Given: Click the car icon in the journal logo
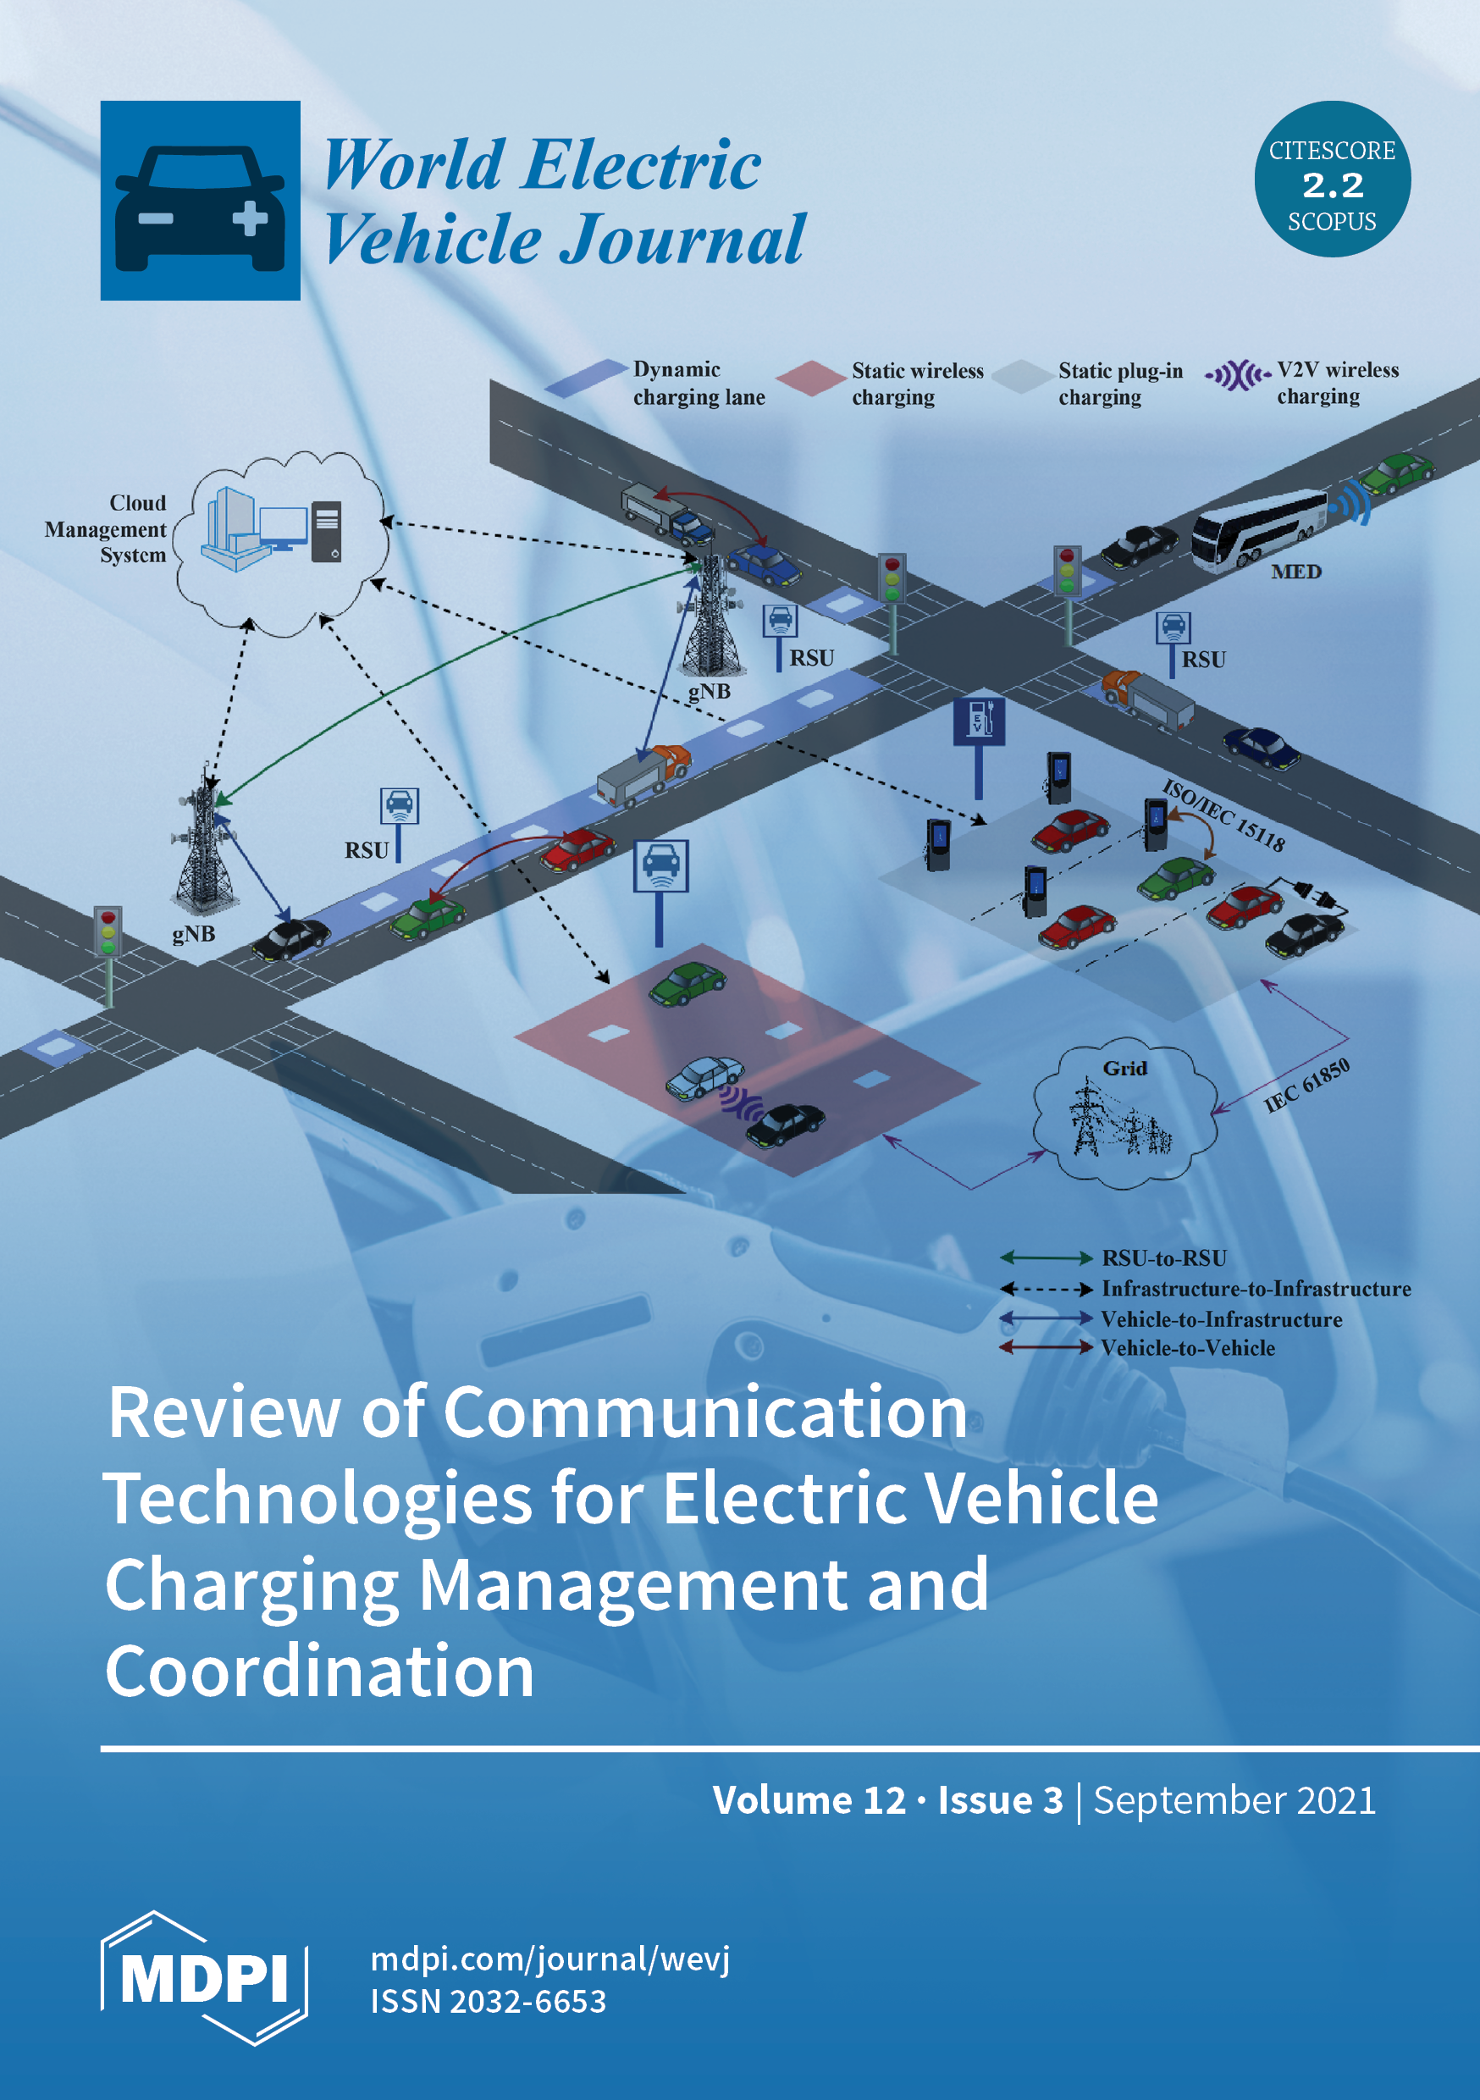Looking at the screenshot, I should pos(200,207).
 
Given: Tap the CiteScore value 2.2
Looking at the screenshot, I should pos(1332,185).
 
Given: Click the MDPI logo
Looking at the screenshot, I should pos(203,1978).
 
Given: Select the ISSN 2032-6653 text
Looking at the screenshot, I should pos(488,2001).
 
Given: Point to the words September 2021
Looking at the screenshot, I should pos(1234,1800).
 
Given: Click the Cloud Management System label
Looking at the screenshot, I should pos(107,528).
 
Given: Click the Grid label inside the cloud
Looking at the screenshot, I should pos(1124,1068).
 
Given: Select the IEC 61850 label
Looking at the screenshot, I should pos(1306,1086).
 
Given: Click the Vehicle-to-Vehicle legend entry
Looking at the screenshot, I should pos(1186,1347).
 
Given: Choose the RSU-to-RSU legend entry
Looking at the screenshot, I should pos(1163,1258).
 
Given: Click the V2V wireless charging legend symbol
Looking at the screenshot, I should pos(1237,375).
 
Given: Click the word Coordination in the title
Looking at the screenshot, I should pos(319,1671).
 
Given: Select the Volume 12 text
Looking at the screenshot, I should pos(809,1800).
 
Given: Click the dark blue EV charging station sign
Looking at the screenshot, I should pos(979,721).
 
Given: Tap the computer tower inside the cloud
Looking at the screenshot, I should pos(327,532).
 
